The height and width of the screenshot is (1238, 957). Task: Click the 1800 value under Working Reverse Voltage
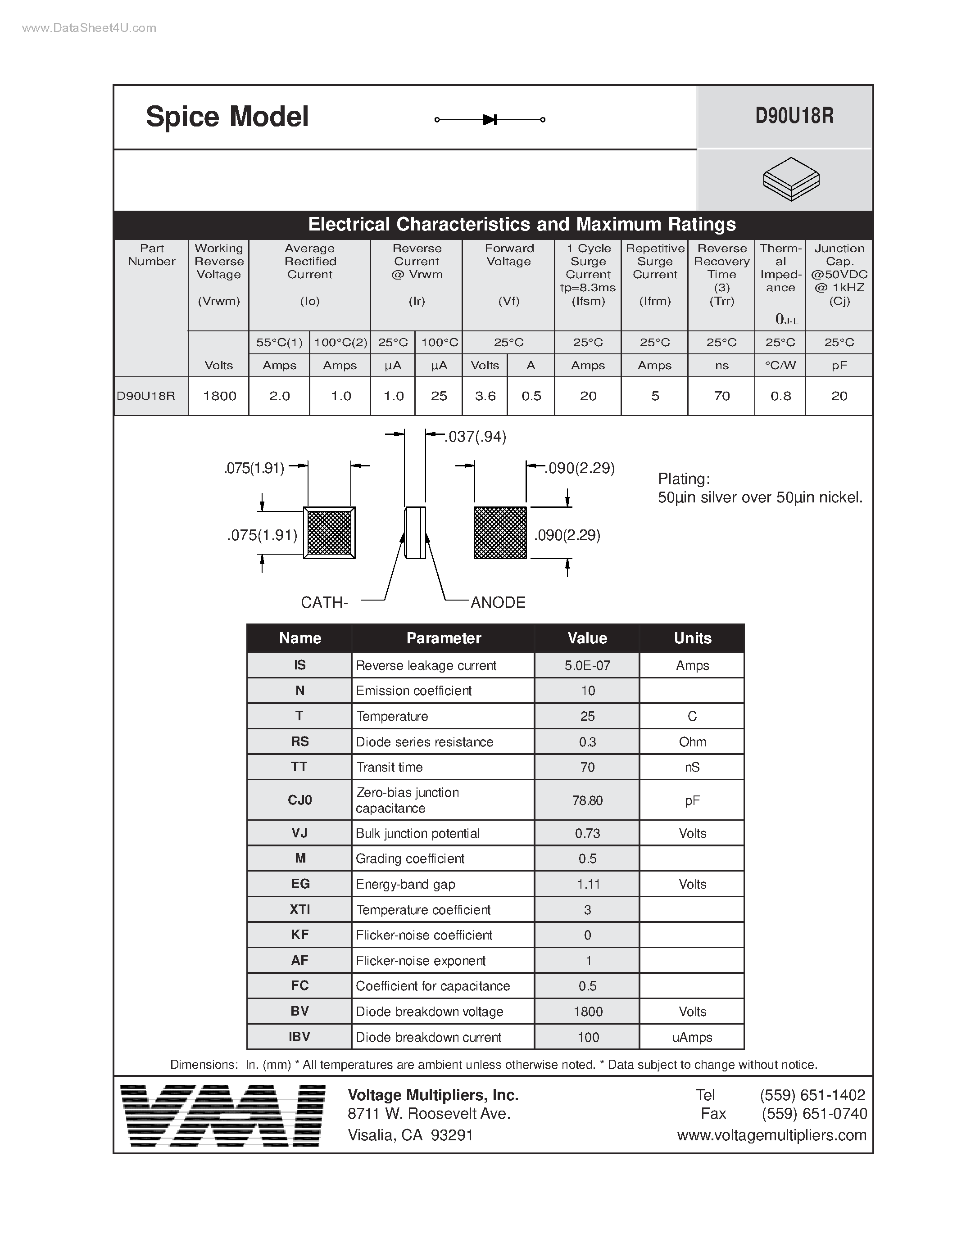219,396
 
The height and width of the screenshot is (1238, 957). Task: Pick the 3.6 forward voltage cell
485,396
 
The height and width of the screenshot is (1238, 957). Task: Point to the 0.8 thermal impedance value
780,396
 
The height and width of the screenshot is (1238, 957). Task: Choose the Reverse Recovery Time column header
722,274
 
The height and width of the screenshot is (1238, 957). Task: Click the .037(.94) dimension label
476,437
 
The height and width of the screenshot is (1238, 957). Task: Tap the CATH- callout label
324,602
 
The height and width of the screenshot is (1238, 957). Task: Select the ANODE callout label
498,602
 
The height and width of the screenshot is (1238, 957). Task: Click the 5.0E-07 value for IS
587,665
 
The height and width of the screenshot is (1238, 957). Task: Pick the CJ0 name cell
300,800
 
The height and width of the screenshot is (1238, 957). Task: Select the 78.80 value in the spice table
587,800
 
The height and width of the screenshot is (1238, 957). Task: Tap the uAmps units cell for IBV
692,1037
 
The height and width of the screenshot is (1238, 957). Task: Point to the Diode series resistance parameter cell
425,742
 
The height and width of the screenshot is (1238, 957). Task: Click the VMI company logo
223,1116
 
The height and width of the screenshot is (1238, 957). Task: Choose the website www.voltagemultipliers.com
771,1135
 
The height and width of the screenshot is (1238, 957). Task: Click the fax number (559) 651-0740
814,1114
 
